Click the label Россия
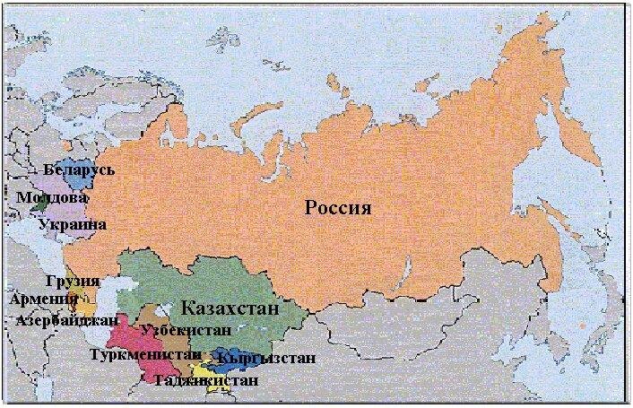(338, 208)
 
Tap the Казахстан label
(230, 309)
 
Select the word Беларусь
(79, 169)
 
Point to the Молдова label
(51, 197)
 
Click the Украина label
(73, 224)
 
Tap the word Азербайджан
(67, 319)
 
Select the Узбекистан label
(186, 330)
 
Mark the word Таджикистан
(206, 380)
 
